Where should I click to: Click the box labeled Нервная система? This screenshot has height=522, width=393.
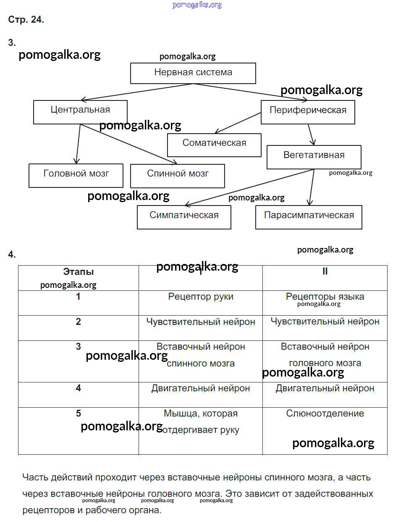point(193,73)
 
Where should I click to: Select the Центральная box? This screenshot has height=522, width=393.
point(80,111)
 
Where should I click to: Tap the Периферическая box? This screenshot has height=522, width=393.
point(308,111)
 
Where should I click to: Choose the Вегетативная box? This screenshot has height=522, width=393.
point(314,156)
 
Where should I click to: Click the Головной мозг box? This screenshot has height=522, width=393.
point(76,175)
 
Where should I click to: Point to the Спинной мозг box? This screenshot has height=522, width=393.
point(178,175)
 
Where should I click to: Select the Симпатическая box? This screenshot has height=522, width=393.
point(184,216)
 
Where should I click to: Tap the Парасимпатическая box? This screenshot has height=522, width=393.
point(309,216)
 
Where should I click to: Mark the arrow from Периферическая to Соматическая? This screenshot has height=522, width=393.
point(238,122)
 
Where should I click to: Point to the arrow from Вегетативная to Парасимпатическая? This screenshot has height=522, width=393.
point(312,187)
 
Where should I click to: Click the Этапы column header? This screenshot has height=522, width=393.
point(78,272)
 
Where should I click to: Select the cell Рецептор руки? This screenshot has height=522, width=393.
point(201,297)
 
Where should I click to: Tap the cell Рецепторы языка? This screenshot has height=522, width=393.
point(325,297)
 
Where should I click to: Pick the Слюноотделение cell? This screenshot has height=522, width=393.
point(325,414)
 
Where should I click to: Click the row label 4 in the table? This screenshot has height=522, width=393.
point(78,388)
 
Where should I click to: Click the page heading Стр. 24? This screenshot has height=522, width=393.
point(26,20)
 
